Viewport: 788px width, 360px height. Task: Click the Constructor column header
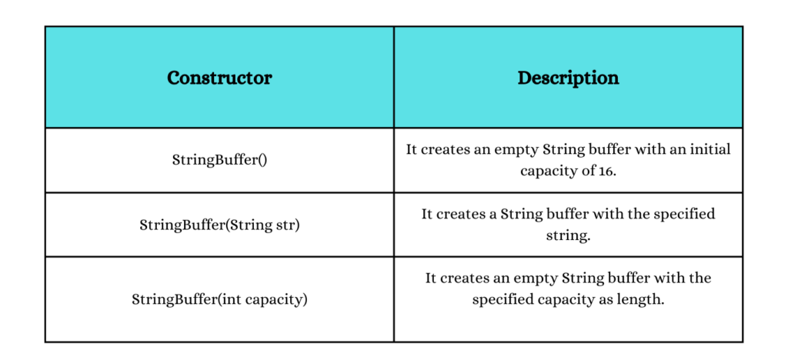tap(219, 78)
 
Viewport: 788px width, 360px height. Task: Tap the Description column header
tap(569, 78)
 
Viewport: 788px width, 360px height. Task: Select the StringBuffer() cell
tap(219, 161)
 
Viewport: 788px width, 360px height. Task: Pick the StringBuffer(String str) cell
tap(219, 225)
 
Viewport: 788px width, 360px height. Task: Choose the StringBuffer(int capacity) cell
tap(219, 300)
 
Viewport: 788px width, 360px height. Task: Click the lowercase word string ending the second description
tap(568, 235)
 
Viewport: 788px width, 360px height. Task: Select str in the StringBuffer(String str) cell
tap(290, 225)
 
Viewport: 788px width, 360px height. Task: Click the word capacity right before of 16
tap(550, 172)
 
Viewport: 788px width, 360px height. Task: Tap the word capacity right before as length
tap(569, 300)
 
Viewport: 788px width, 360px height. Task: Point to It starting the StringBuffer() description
tap(412, 150)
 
